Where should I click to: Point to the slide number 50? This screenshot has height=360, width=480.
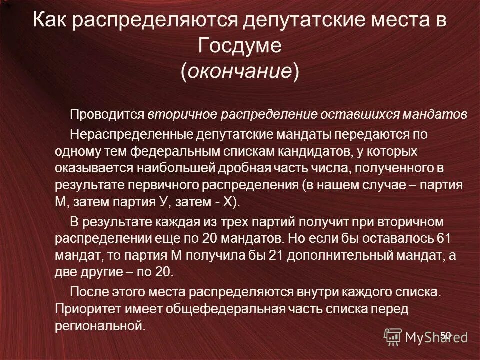click(445, 335)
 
